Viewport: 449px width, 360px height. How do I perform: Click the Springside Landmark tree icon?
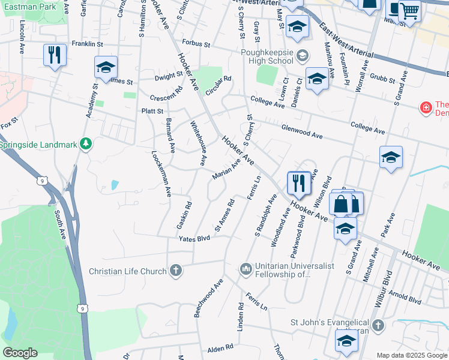[86, 144]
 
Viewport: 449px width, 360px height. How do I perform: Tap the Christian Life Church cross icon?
[176, 271]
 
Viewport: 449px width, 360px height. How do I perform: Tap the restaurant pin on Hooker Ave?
[298, 183]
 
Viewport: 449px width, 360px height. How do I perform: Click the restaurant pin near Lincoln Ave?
[55, 55]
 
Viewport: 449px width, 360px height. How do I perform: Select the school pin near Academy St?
[106, 68]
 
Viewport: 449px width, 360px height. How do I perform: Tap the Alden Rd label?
[220, 348]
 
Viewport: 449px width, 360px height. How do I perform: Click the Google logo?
[20, 353]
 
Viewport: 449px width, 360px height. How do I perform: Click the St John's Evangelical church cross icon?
[378, 325]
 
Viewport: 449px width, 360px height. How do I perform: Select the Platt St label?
[152, 111]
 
